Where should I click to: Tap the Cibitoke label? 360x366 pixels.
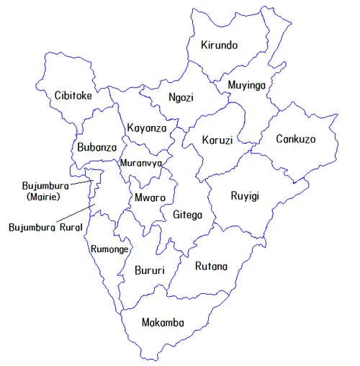click(73, 95)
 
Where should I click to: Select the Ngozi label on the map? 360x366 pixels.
click(181, 98)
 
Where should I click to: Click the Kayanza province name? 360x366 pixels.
click(147, 128)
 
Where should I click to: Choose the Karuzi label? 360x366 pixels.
click(217, 140)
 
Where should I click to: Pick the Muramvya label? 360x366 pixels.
click(141, 163)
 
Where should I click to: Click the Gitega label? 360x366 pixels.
click(188, 214)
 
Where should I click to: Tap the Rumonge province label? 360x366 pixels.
click(110, 249)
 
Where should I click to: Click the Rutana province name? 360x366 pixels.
click(212, 267)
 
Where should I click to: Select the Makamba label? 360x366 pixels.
click(163, 322)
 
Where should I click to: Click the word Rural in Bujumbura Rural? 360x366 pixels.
click(71, 227)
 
